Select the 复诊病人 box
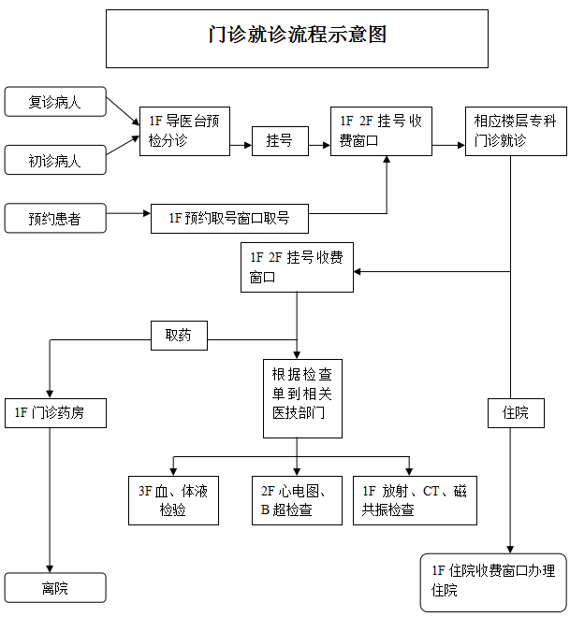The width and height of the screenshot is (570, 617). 55,102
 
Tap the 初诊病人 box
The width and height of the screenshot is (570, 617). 55,161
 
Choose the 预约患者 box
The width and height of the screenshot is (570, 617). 55,219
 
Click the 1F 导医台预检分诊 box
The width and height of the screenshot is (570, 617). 184,131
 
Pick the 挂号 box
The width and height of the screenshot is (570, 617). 279,141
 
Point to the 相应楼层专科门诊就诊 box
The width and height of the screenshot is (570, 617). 516,131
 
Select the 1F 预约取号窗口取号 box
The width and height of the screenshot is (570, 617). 229,219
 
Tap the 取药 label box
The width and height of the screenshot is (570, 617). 178,335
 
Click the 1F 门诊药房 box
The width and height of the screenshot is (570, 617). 55,411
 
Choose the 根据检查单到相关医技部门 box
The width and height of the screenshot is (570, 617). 300,398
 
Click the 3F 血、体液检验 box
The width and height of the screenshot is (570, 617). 172,500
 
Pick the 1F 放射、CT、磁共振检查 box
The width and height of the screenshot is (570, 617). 414,500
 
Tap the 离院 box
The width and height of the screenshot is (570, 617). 55,588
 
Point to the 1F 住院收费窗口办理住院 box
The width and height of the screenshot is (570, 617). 493,581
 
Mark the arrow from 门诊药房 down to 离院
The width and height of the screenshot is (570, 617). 48,500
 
